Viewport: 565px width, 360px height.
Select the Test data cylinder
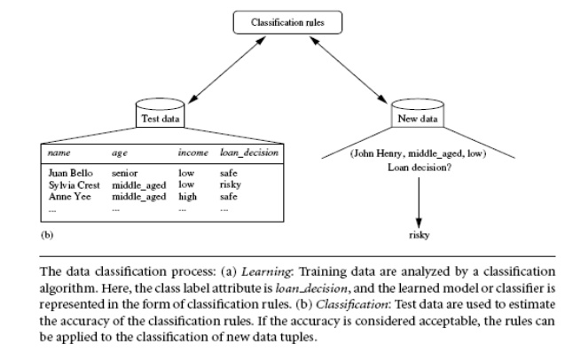tap(159, 116)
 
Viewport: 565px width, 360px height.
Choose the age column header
tap(121, 153)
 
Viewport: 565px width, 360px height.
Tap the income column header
tap(192, 153)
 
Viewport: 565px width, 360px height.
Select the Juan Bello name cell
tap(71, 174)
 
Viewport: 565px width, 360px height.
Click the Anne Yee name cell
tap(67, 195)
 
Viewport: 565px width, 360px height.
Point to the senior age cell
tap(125, 174)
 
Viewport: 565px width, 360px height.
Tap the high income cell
tap(187, 195)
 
